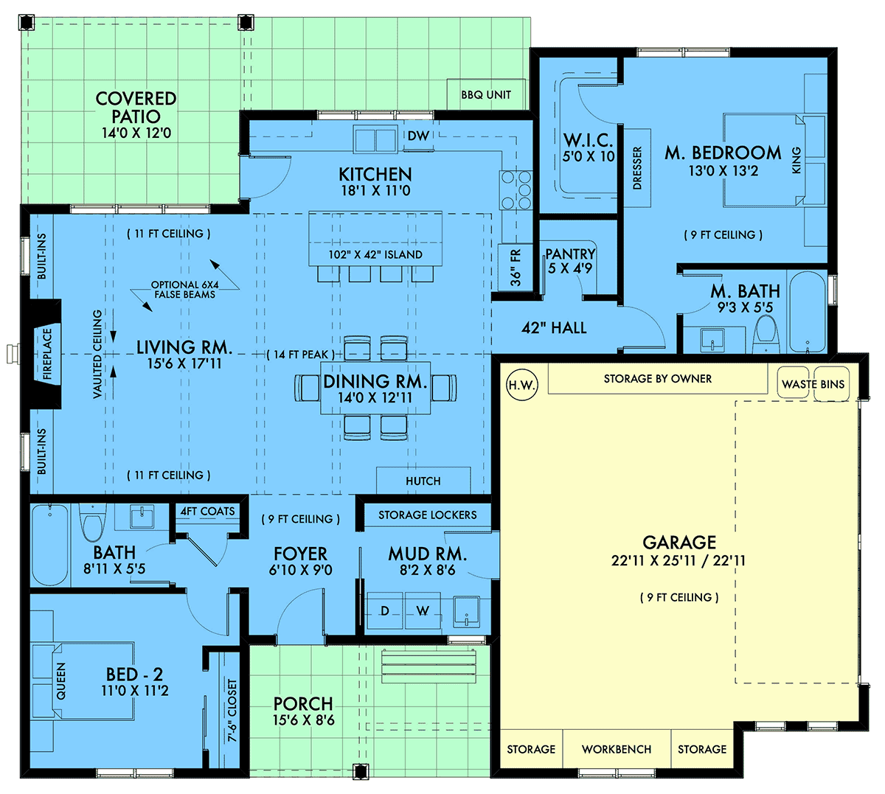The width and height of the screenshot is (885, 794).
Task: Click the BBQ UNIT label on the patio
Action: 486,95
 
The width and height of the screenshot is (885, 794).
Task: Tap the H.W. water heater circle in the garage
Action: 522,385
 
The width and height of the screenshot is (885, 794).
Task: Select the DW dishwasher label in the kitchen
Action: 418,136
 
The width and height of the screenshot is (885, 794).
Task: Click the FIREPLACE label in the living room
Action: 47,354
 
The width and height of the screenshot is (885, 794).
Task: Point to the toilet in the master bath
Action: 766,335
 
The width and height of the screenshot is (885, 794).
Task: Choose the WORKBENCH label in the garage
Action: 617,749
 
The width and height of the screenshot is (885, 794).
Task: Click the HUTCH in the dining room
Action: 423,481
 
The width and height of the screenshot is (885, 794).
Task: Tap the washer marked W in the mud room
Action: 423,610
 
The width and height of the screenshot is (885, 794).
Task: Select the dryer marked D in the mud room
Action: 384,610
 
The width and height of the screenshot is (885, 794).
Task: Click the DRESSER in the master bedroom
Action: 637,167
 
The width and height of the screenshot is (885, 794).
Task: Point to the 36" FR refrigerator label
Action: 516,268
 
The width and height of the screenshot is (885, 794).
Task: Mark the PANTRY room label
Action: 570,254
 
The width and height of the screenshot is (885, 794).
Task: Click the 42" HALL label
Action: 554,327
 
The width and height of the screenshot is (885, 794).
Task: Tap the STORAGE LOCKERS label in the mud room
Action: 427,515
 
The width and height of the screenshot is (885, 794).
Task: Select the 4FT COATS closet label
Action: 207,511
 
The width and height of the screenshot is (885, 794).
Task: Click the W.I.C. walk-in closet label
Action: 588,140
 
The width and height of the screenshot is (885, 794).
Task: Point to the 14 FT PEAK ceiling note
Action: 301,354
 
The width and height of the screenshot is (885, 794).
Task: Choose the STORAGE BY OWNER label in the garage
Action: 657,379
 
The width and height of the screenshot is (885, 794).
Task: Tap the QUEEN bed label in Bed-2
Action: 60,681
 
